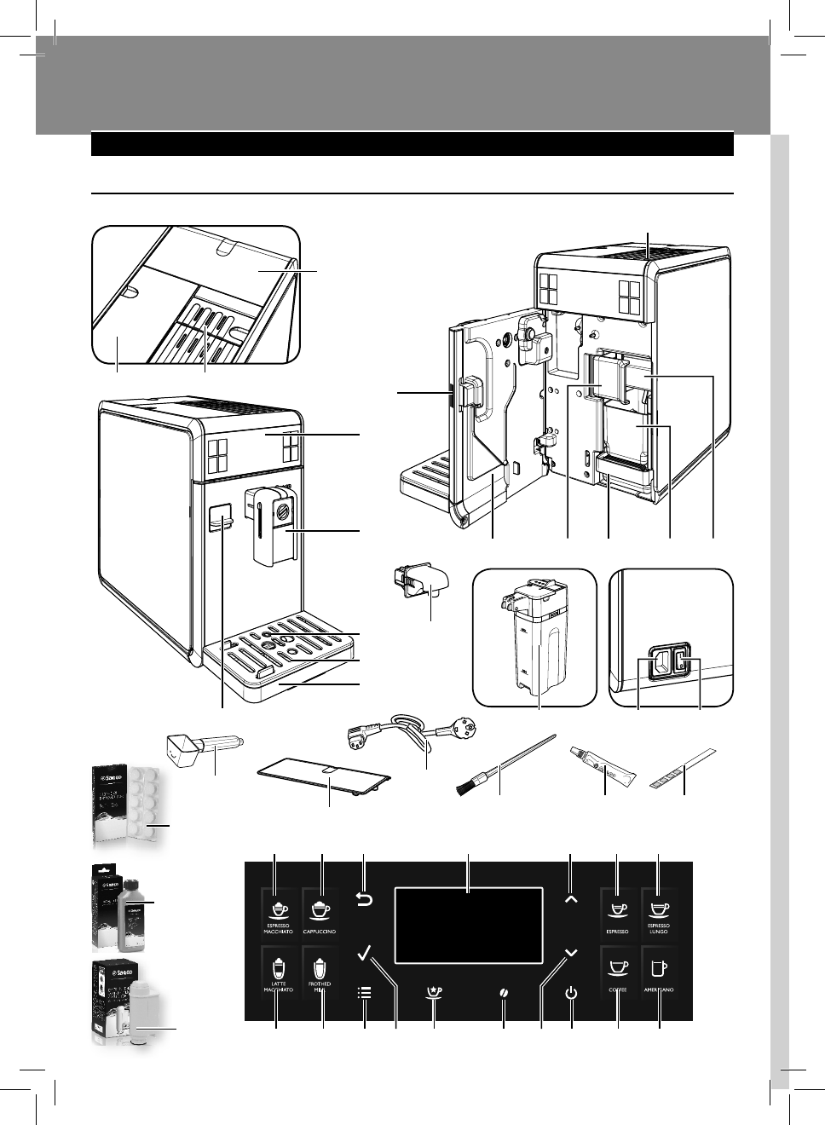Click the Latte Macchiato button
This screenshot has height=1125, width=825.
[278, 971]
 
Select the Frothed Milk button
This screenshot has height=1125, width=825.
[322, 971]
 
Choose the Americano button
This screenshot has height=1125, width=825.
[660, 971]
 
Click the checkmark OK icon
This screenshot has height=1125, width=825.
[366, 952]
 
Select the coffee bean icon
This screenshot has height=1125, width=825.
[504, 994]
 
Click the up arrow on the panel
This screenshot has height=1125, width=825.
[570, 898]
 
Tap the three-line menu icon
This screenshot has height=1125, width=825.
[365, 993]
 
